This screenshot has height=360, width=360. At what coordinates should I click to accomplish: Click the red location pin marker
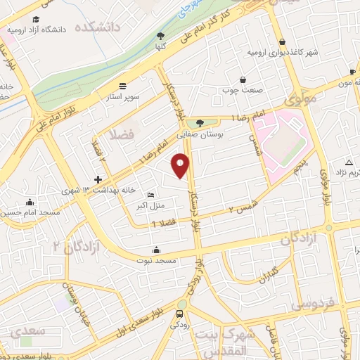[182, 165]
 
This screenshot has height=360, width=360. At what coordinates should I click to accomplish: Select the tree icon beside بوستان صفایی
[200, 123]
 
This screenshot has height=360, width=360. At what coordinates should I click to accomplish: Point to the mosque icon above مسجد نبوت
[155, 250]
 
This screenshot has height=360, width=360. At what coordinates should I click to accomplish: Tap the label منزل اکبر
[153, 205]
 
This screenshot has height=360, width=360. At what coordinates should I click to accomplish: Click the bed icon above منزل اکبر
[151, 195]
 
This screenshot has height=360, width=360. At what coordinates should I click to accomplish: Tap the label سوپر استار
[128, 94]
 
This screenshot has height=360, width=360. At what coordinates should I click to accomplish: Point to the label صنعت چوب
[243, 90]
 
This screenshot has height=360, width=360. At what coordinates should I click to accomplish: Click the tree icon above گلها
[160, 36]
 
